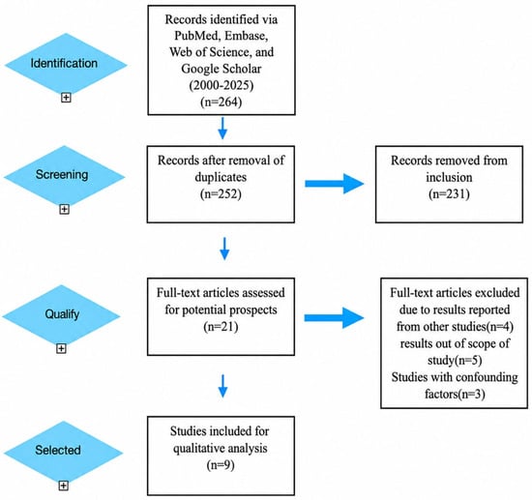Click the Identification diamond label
(64, 63)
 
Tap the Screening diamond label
(62, 174)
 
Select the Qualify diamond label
(62, 313)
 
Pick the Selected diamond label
(58, 450)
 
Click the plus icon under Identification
(66, 98)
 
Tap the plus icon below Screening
(64, 209)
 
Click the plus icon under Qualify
(61, 348)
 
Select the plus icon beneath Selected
(63, 485)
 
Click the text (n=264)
(222, 102)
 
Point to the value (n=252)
(221, 193)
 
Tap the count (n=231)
(449, 193)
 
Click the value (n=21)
(221, 326)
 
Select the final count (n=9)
(221, 464)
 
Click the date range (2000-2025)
(222, 85)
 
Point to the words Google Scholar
(222, 69)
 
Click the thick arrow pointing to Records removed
(335, 184)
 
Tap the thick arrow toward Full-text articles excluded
(335, 318)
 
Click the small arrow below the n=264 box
(222, 129)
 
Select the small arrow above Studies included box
(222, 386)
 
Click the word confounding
(482, 377)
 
